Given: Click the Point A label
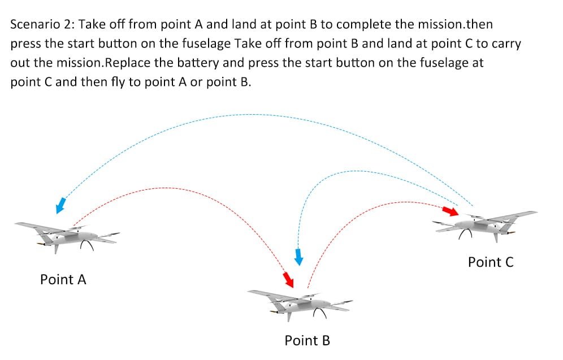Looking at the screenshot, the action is coord(63,279).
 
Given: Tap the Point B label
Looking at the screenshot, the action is coord(307,340).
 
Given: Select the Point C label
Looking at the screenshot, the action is coord(491,262).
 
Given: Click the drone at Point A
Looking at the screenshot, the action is coord(67,236).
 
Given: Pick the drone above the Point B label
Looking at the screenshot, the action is coord(300,305).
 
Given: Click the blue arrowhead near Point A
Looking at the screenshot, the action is coord(60,205).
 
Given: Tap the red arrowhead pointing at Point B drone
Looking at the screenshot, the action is coord(288,280).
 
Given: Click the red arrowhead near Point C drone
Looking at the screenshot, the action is coord(451,211).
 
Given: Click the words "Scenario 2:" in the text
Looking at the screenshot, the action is coord(42,24).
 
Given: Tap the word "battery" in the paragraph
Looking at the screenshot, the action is coord(196,63).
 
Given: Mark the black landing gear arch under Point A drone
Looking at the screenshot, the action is coord(86,245).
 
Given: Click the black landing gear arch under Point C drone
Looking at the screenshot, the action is coord(465,233).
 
